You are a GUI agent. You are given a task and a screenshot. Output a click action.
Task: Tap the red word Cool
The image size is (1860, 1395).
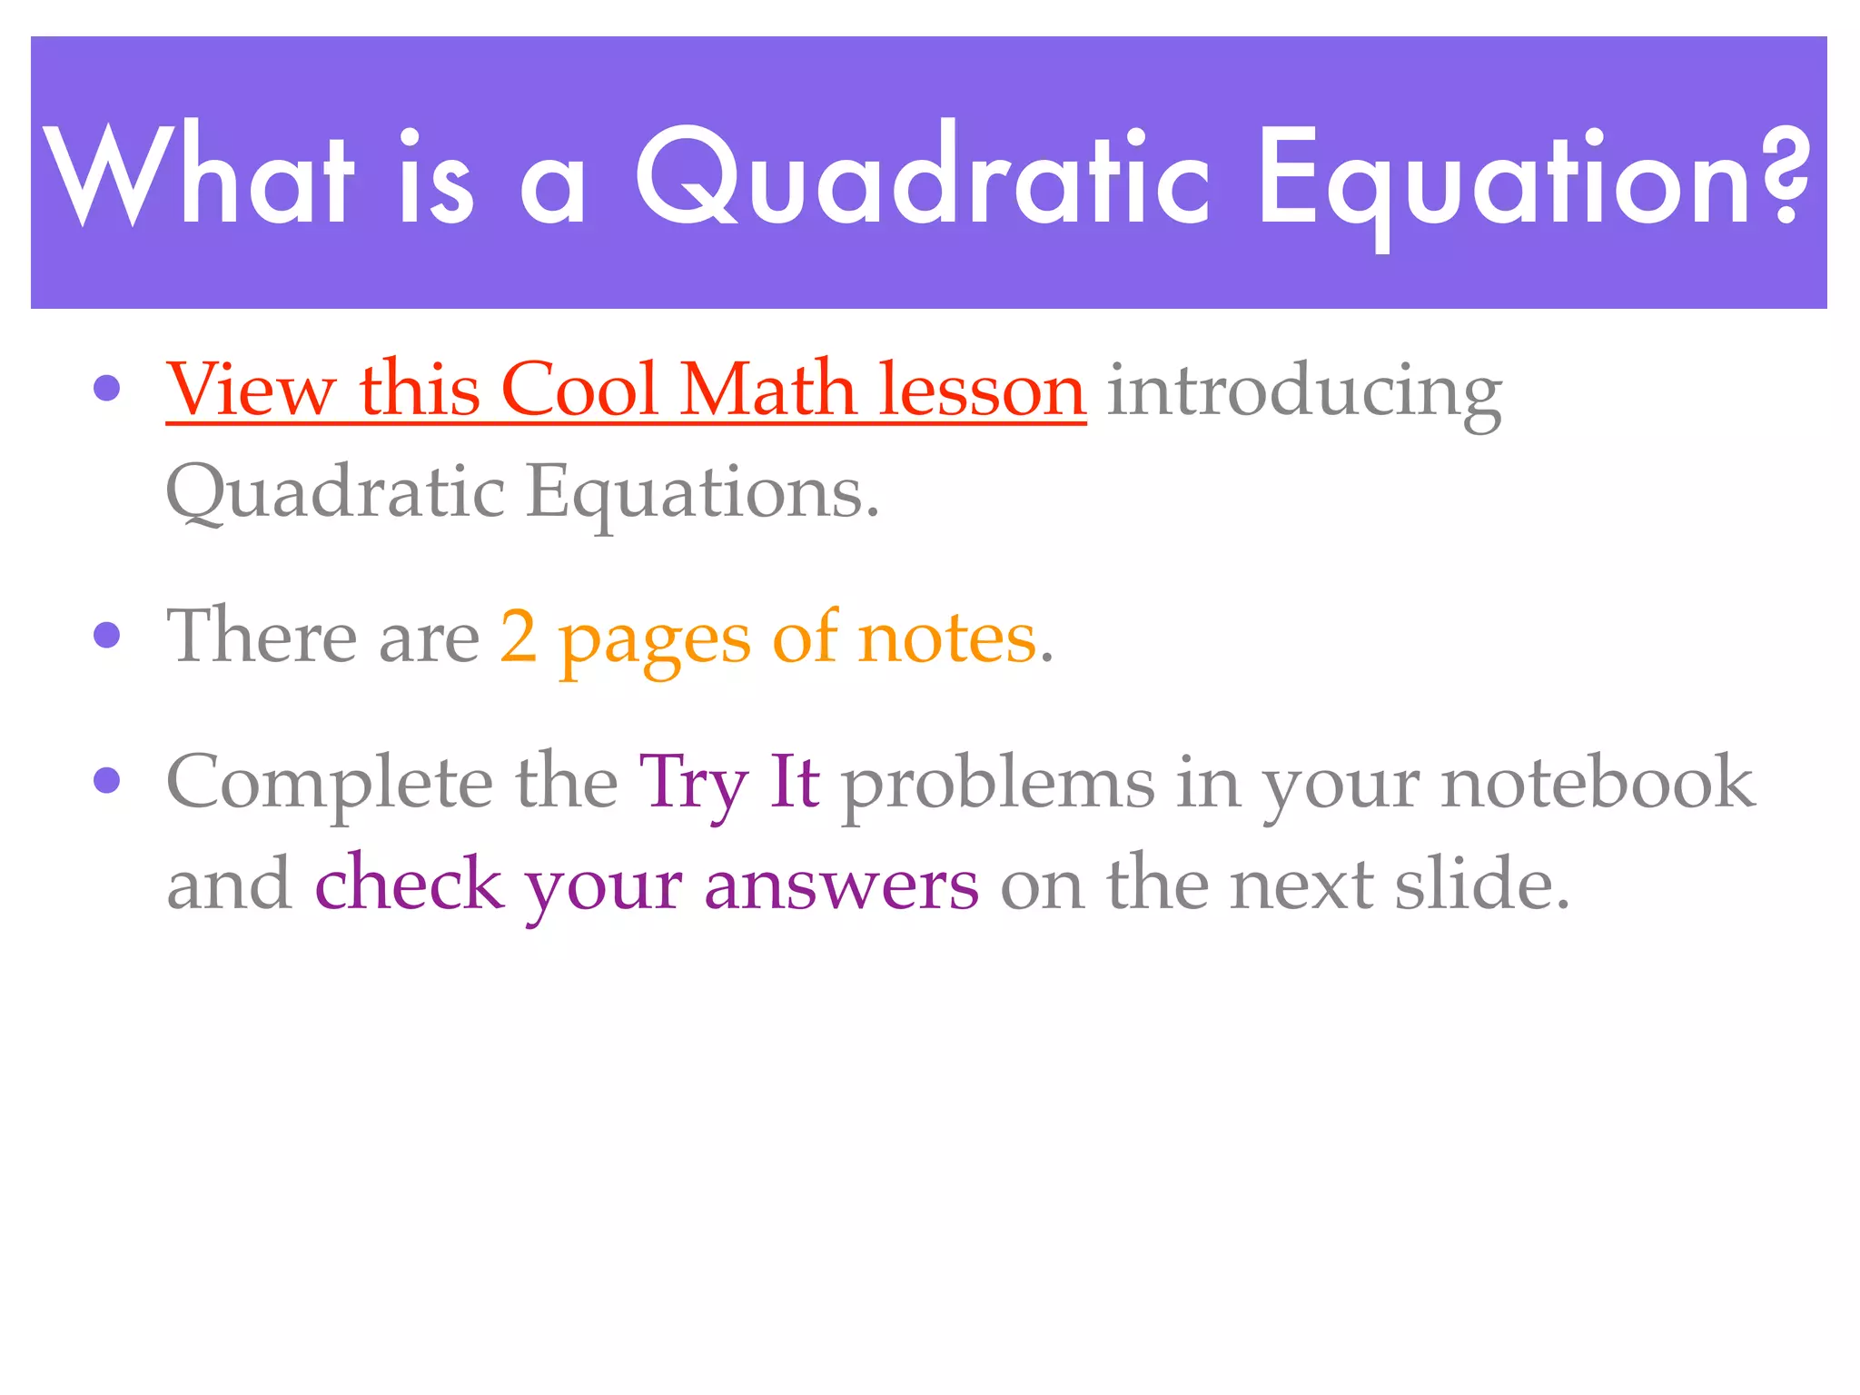(x=579, y=391)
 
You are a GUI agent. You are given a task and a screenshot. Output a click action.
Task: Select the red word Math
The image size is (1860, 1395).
(x=767, y=391)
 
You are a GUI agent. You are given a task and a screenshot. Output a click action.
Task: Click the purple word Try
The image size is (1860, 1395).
(x=693, y=784)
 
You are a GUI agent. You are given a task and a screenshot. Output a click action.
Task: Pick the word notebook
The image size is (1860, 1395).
(x=1598, y=783)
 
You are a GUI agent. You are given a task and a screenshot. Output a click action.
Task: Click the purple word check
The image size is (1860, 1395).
(x=409, y=884)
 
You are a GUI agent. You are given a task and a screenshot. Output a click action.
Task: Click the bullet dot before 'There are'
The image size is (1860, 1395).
(x=107, y=636)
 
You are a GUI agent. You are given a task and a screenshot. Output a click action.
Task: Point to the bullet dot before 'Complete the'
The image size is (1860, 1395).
(x=107, y=780)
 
